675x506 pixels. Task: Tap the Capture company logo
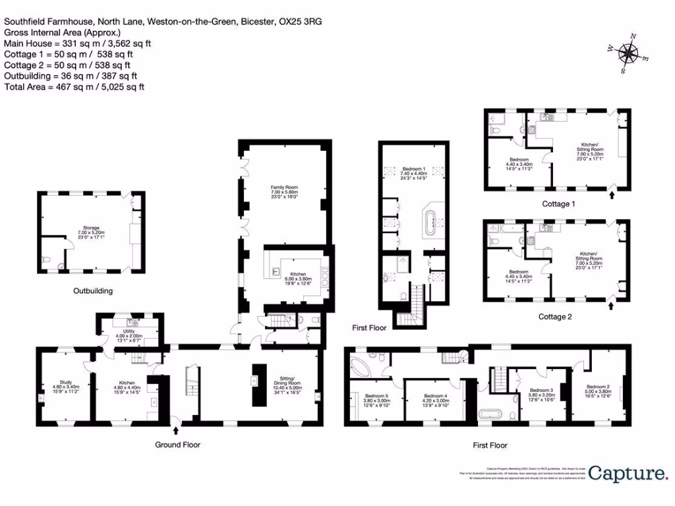tap(627, 472)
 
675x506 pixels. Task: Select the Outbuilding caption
tap(93, 291)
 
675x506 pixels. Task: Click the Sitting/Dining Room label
tap(286, 386)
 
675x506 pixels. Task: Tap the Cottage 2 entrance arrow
tap(611, 305)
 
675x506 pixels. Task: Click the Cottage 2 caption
tap(555, 317)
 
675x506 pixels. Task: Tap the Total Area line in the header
tap(74, 87)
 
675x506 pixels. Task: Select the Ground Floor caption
tap(177, 445)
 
